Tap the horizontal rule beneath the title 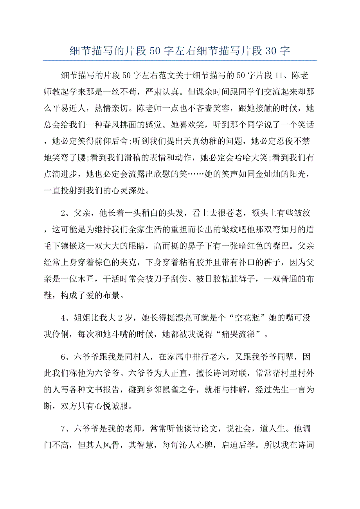[180, 60]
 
